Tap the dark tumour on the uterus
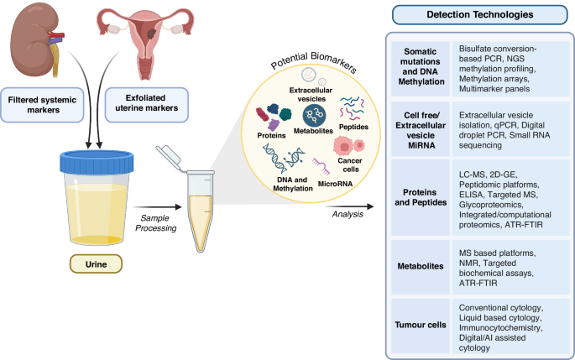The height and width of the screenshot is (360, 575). (152, 34)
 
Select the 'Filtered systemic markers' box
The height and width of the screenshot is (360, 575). (42, 105)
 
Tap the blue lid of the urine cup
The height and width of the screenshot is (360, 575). (97, 162)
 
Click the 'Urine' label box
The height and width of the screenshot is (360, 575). (96, 264)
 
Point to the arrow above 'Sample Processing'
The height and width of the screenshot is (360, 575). (158, 207)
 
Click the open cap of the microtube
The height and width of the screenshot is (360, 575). (169, 157)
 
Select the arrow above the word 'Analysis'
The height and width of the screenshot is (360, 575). (349, 206)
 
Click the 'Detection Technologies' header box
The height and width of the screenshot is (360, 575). (479, 14)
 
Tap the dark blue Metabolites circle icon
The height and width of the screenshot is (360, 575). (314, 116)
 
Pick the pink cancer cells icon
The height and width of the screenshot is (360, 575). (348, 146)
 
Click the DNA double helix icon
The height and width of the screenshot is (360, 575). (284, 158)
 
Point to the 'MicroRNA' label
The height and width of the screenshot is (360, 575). (335, 184)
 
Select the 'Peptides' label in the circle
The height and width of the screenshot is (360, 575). (353, 127)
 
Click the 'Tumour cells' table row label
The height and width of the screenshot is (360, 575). (421, 325)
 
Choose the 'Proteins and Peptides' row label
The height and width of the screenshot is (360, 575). (421, 197)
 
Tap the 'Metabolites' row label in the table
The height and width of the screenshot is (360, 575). (421, 266)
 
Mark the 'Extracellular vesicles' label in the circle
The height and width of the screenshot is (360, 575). (311, 95)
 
